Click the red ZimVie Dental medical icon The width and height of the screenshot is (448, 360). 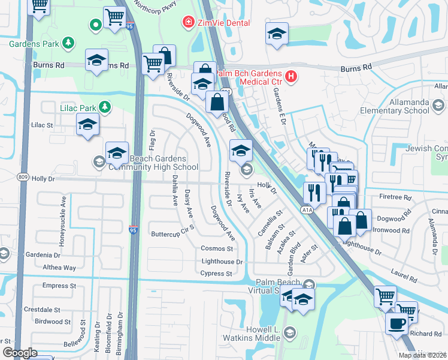(x=187, y=23)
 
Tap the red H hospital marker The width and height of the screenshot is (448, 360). (x=290, y=76)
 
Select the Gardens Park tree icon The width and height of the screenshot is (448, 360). (x=69, y=43)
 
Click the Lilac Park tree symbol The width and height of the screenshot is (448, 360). (x=105, y=107)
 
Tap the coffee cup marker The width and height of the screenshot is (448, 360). (x=396, y=325)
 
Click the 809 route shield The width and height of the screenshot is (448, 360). (x=23, y=178)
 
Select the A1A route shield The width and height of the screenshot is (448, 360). (x=307, y=210)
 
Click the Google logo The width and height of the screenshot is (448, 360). (x=20, y=353)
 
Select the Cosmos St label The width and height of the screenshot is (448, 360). (x=216, y=248)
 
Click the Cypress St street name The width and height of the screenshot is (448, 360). (x=216, y=274)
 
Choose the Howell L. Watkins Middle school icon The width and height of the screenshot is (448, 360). (x=290, y=332)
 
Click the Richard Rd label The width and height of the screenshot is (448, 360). (x=426, y=334)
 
